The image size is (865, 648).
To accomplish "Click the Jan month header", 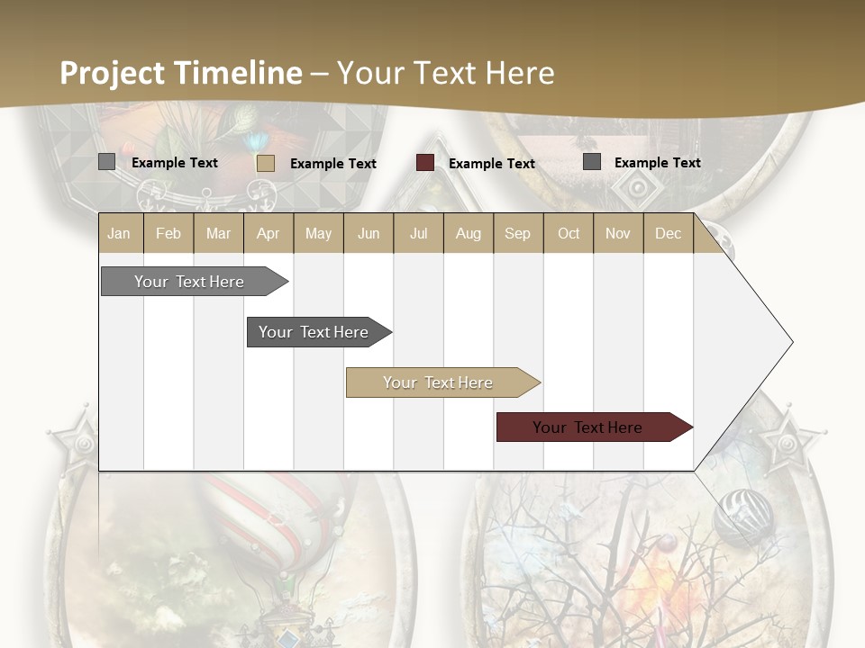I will click(120, 233).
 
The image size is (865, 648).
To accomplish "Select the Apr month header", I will click(269, 233).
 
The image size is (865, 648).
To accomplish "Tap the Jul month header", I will click(418, 233).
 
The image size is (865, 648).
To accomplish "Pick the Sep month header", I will click(517, 233).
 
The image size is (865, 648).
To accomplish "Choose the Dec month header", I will click(668, 233).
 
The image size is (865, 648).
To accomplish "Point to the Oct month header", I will click(569, 233).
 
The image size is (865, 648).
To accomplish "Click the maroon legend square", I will click(425, 163).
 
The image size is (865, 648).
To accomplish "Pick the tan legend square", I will click(266, 163).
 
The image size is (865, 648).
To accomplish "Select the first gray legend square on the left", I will click(107, 162).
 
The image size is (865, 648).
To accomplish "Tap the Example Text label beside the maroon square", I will click(492, 164).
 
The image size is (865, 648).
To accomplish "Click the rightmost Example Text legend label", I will click(657, 163).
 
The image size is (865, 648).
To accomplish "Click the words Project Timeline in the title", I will click(181, 73).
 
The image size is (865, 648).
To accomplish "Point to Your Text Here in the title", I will click(446, 73).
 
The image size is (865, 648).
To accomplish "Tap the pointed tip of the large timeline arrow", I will click(790, 342).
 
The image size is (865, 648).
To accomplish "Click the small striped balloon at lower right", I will click(743, 516).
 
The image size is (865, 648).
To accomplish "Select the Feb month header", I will click(168, 233).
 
